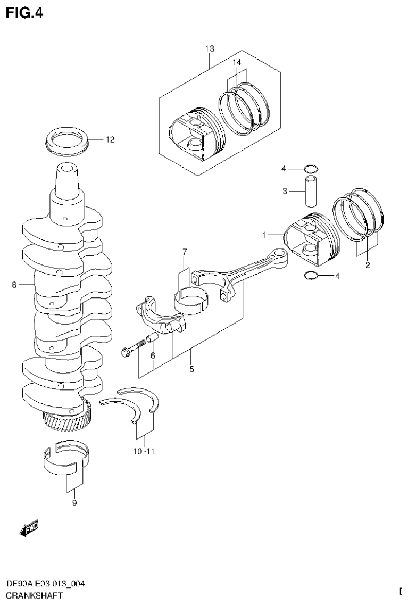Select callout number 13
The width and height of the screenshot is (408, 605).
210,49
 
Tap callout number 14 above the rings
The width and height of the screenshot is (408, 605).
236,62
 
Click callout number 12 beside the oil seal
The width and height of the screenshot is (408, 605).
110,140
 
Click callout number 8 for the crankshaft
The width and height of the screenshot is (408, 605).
14,285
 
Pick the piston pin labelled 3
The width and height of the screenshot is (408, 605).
311,190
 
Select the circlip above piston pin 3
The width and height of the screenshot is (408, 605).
311,169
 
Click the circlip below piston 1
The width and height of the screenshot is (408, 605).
311,276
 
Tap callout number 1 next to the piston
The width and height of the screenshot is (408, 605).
264,235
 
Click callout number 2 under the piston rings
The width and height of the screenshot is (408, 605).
367,264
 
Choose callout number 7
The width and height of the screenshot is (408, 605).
185,252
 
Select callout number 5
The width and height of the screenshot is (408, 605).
191,368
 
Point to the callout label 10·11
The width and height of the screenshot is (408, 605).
144,452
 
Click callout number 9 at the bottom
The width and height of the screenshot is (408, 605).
74,503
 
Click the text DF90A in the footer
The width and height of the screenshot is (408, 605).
16,584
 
